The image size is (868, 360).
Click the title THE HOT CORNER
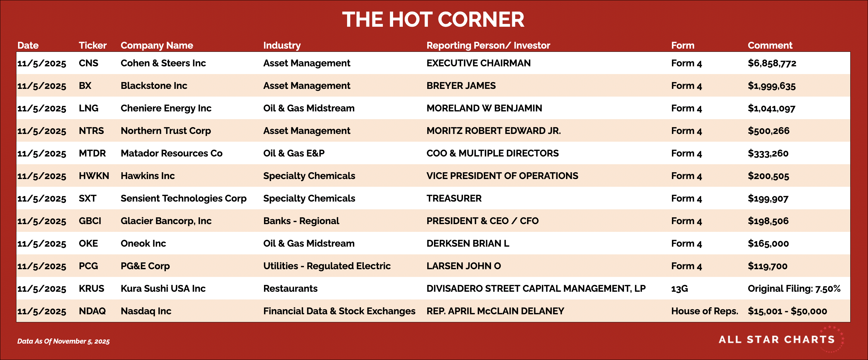tap(433, 20)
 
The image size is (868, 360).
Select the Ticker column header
tap(93, 45)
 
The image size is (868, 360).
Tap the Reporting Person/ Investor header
tap(488, 45)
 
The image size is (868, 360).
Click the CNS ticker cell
tap(89, 63)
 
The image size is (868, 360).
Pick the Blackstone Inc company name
tap(154, 86)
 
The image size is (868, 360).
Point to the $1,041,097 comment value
tap(771, 108)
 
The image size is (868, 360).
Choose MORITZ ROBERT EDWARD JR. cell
tap(494, 131)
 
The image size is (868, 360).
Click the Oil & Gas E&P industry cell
tap(294, 153)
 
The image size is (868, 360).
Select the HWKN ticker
tap(94, 175)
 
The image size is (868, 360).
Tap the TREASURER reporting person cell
tap(454, 198)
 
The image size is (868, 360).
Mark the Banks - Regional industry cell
tap(301, 221)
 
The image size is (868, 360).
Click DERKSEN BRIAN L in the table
tap(468, 243)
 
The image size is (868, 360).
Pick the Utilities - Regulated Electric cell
tap(327, 266)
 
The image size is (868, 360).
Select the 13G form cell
tap(679, 289)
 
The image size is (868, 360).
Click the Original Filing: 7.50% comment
tap(794, 289)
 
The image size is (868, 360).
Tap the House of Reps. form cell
tap(704, 311)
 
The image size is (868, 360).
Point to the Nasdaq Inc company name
tap(146, 311)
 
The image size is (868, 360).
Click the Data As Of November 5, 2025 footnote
tap(63, 341)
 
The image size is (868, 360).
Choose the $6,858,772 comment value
tap(772, 63)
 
